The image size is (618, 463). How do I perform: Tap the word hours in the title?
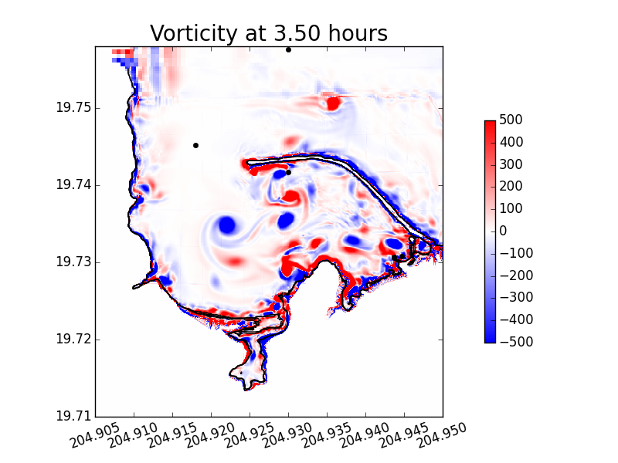tap(358, 33)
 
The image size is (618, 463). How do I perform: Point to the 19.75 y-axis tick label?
tap(73, 107)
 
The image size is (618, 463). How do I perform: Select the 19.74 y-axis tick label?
tap(73, 184)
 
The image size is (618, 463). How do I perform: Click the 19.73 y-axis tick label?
tap(73, 262)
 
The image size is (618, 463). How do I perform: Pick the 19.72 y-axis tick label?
tap(73, 339)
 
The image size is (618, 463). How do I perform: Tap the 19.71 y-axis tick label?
tap(73, 416)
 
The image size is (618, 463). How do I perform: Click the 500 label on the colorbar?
tap(511, 120)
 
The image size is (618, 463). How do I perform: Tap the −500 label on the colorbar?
tap(516, 342)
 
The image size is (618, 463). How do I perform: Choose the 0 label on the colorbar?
tap(503, 231)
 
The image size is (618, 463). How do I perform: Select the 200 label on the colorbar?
tap(511, 186)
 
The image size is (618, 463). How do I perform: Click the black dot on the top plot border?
tap(288, 50)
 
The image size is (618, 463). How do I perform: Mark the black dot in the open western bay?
tap(195, 146)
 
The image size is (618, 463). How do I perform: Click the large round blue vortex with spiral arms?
tap(227, 225)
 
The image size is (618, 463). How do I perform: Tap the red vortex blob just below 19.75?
tap(333, 103)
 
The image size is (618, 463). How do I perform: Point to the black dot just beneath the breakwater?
tap(288, 172)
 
